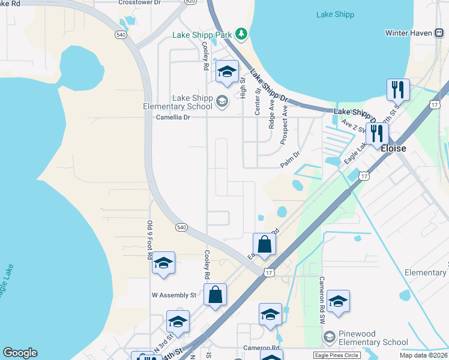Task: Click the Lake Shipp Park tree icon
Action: point(241,34)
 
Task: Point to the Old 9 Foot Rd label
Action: point(150,239)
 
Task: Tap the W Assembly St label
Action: point(174,295)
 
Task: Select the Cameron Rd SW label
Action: point(322,297)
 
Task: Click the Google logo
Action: point(20,353)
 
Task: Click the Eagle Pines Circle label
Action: point(337,355)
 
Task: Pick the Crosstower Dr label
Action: point(139,2)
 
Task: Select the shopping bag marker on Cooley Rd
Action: point(215,295)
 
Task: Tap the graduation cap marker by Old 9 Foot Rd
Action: point(163,263)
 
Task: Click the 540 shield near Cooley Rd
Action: point(182,227)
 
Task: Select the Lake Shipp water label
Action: point(335,14)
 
